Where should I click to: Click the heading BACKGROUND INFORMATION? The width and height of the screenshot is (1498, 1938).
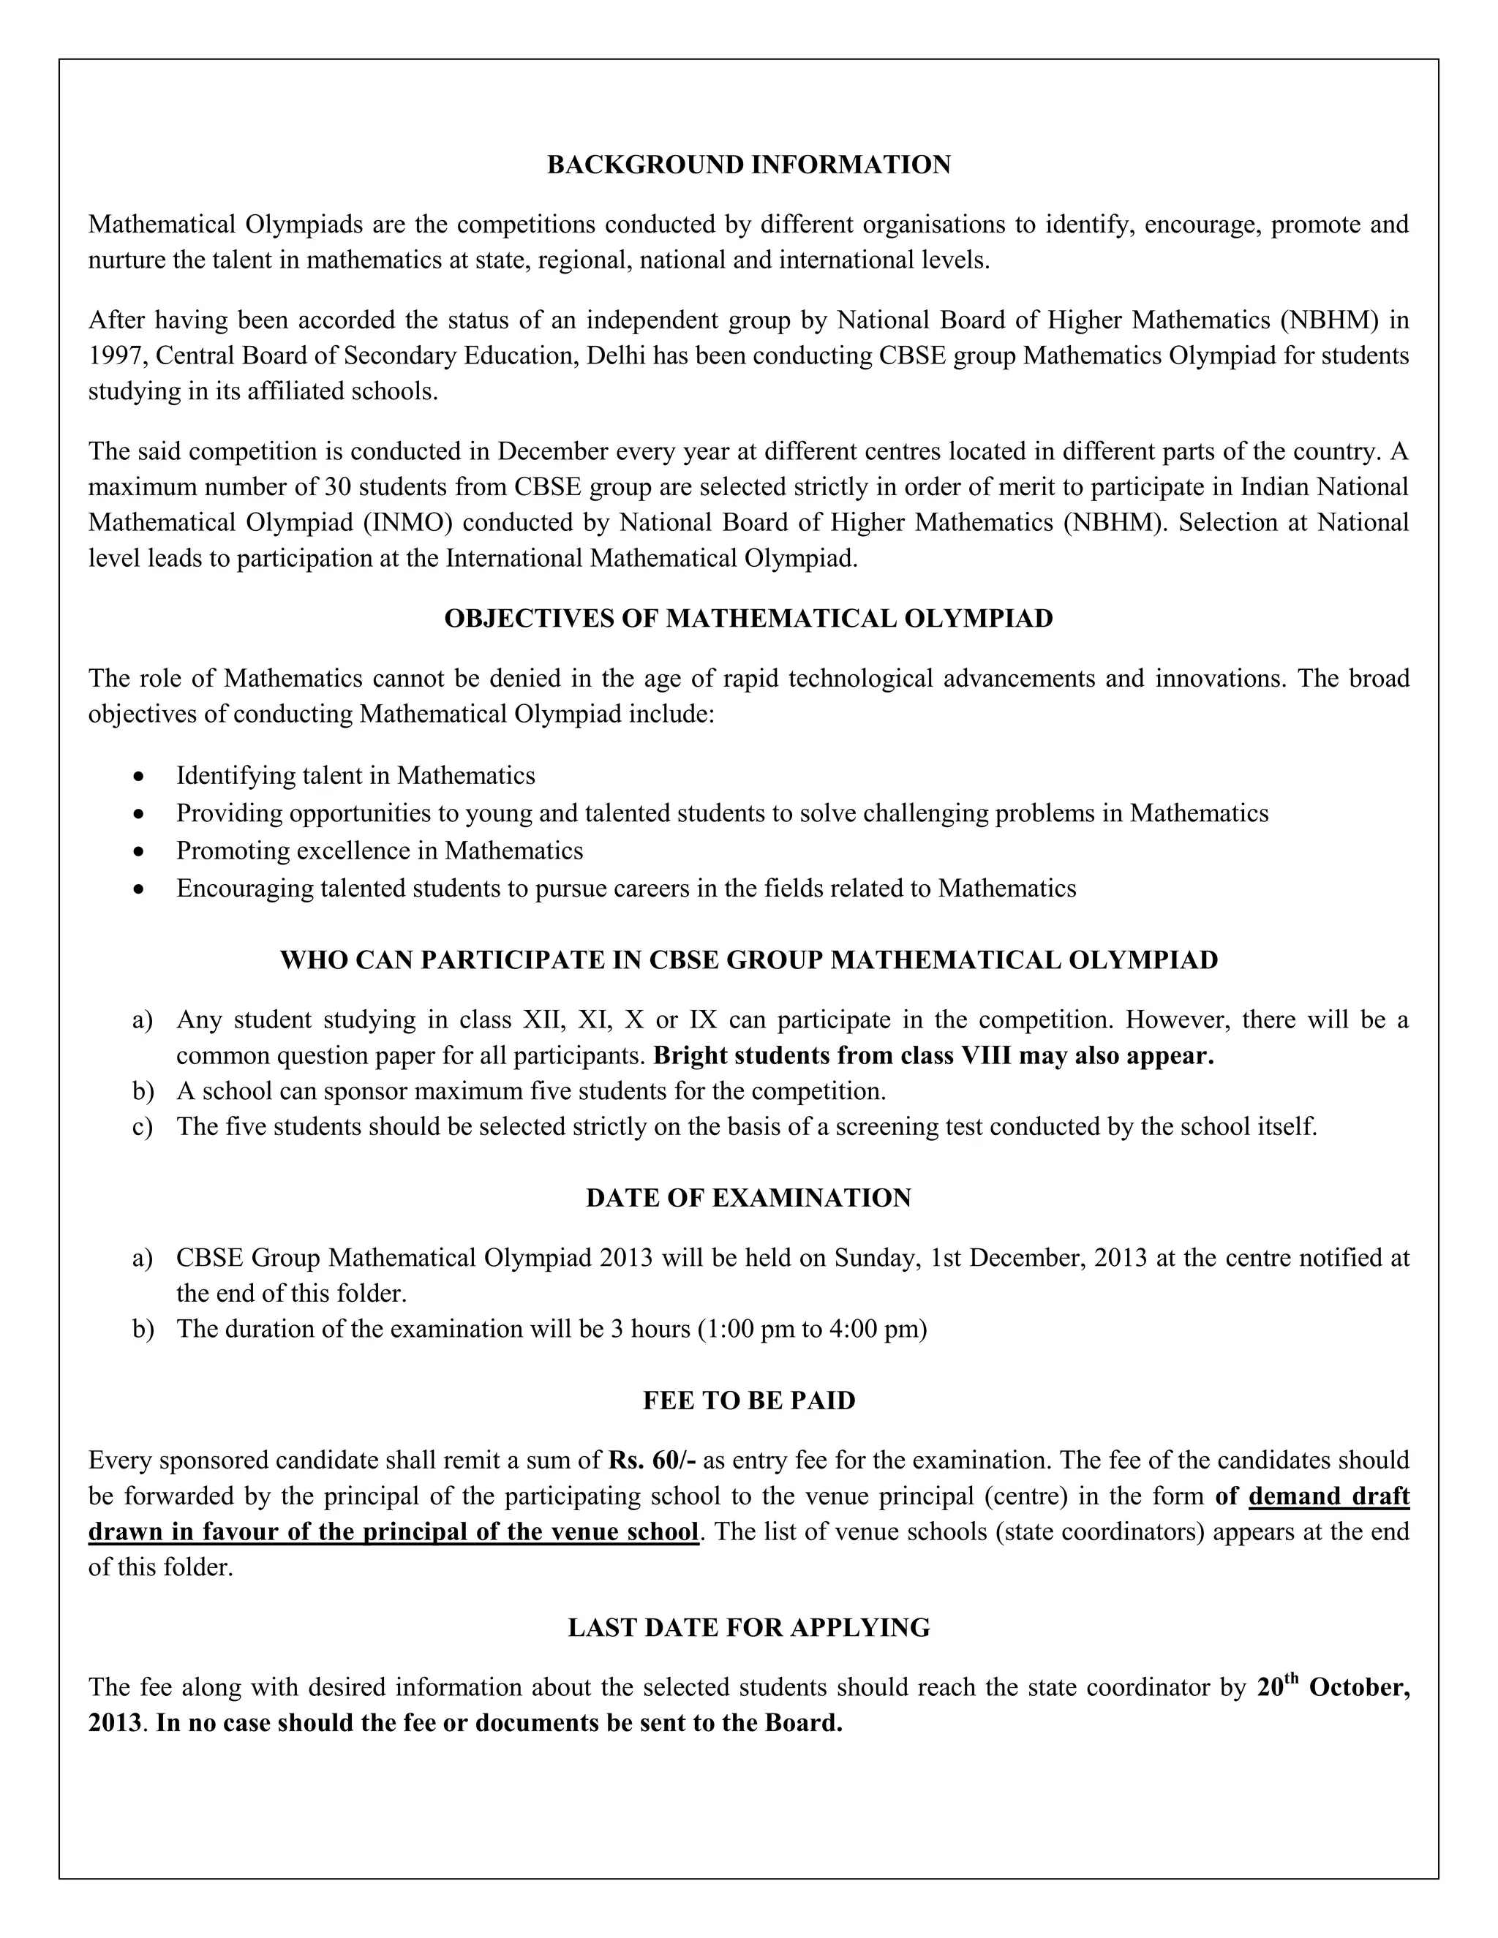click(x=748, y=165)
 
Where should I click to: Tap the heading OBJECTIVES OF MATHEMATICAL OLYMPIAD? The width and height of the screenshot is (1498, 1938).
click(x=748, y=619)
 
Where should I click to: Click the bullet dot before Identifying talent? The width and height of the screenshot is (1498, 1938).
click(x=138, y=777)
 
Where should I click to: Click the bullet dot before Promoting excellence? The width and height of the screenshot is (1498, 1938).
click(x=138, y=851)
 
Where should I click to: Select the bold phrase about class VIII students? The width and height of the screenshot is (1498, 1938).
click(x=933, y=1056)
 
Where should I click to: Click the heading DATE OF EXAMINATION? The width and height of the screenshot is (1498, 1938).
click(x=748, y=1198)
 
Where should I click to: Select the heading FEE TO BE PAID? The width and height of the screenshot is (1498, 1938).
click(x=748, y=1400)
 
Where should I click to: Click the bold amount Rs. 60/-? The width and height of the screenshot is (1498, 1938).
click(x=652, y=1460)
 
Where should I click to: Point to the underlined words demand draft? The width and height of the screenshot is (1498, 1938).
click(x=1328, y=1496)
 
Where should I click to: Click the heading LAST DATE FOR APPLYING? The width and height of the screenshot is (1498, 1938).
click(x=748, y=1627)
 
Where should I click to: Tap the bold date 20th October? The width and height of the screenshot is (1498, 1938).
click(x=1331, y=1688)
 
